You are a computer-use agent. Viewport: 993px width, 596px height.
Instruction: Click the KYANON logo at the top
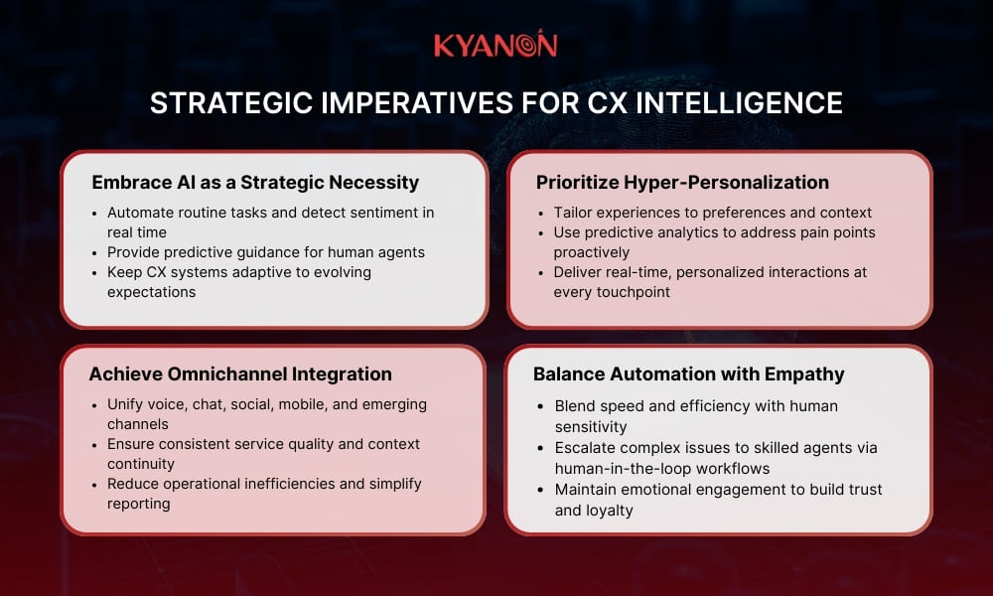(x=496, y=45)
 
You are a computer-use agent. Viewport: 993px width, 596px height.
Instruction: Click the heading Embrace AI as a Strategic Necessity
(x=255, y=182)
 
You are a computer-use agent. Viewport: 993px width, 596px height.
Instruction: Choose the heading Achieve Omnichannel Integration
(x=240, y=374)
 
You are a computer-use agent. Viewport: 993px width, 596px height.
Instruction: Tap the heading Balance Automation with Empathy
(x=688, y=374)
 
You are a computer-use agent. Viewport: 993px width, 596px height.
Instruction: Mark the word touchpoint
(x=628, y=292)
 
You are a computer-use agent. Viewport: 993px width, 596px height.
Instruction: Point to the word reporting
(x=138, y=504)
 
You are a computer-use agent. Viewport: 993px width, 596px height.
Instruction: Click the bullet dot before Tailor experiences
(x=540, y=213)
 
